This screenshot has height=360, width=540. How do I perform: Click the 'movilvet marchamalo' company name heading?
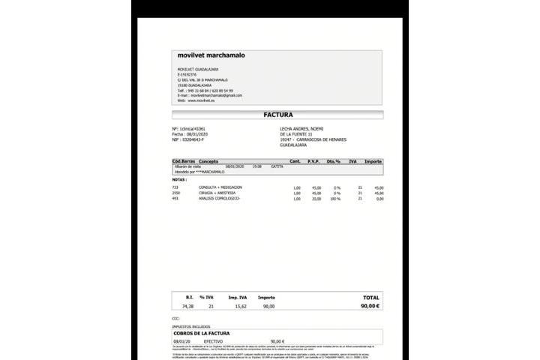(211, 55)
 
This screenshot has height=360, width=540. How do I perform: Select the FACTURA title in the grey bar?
(277, 115)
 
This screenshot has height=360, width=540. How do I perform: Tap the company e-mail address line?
(210, 95)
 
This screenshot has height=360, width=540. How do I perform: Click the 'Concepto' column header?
(209, 161)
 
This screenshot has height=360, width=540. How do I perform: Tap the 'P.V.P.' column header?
(313, 161)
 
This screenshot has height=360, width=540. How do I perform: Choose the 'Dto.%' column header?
(333, 161)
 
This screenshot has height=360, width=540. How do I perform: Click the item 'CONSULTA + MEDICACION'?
(220, 187)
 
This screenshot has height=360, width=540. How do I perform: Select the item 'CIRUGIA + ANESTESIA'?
(217, 193)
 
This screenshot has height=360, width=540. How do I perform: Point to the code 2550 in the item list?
(175, 193)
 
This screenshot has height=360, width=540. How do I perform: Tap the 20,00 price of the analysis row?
(316, 199)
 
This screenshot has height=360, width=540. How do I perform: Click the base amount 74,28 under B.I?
(187, 306)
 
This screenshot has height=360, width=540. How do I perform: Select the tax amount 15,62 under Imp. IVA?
(241, 306)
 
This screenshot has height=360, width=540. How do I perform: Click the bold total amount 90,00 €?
(370, 306)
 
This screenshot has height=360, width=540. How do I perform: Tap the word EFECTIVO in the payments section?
(214, 340)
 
